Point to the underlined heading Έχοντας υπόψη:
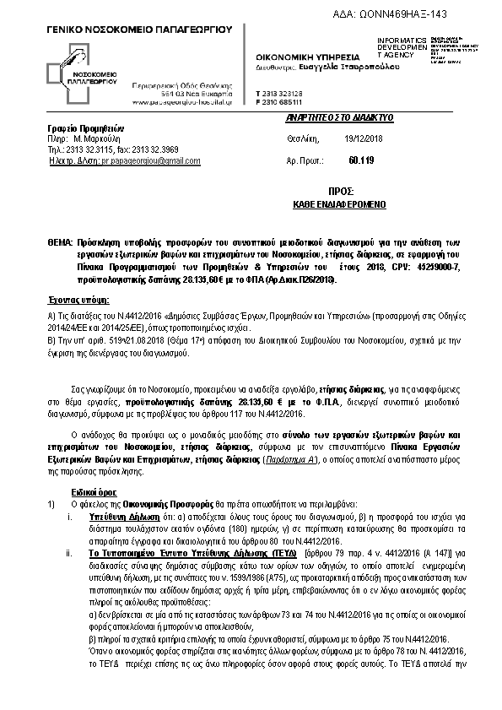[x=78, y=300]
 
